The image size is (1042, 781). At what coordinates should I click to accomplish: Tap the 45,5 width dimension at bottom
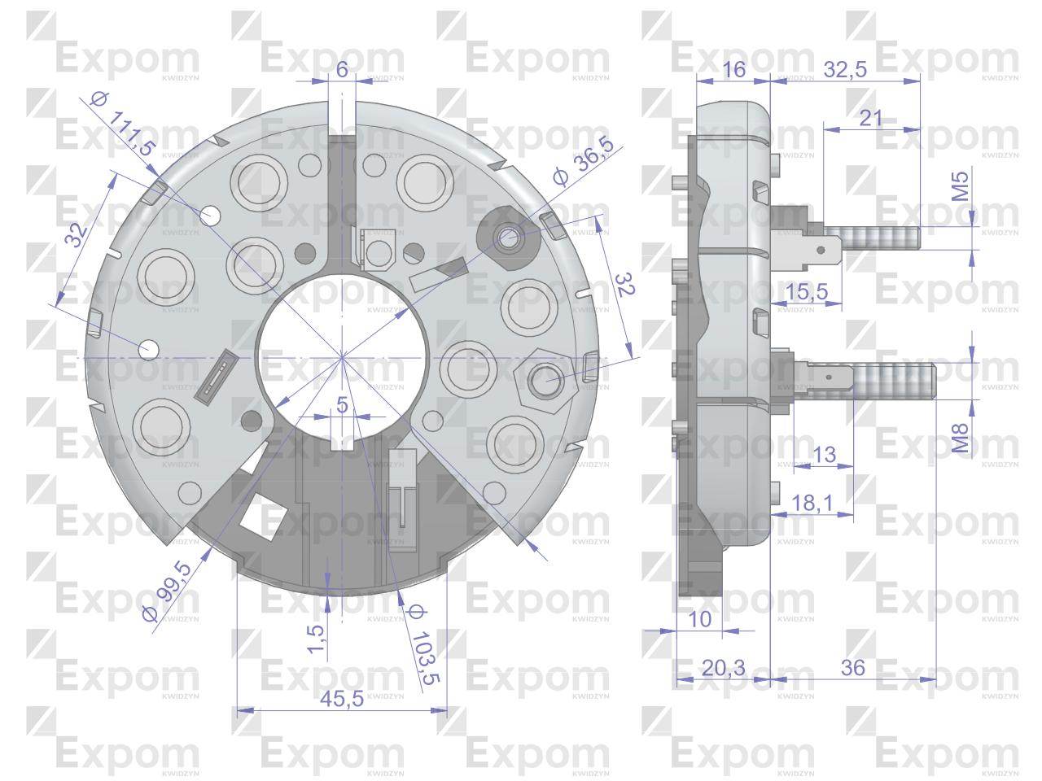tap(342, 699)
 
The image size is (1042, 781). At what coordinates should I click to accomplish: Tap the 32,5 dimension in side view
tap(844, 69)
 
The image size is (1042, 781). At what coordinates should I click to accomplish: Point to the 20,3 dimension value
tap(723, 668)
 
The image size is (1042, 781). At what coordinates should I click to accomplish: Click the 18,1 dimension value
tap(812, 504)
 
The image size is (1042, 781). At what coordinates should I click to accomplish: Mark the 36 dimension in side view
tap(853, 668)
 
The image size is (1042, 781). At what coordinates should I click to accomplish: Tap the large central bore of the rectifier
tap(343, 355)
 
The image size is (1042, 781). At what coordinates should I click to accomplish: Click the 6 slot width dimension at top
tap(342, 70)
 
